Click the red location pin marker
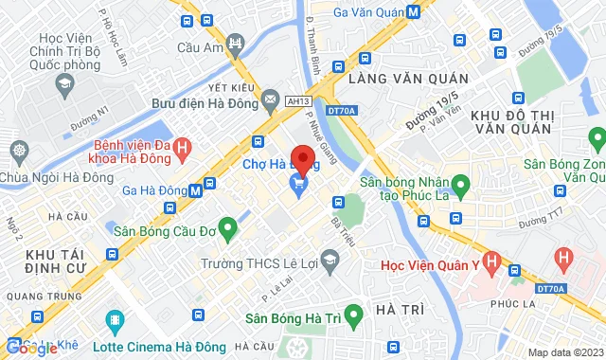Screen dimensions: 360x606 pyautogui.click(x=302, y=158)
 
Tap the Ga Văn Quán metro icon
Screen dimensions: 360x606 pyautogui.click(x=414, y=11)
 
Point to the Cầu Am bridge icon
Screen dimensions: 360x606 pyautogui.click(x=235, y=44)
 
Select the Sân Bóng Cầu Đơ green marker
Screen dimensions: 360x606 pyautogui.click(x=226, y=227)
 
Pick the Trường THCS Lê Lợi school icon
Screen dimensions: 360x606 pyautogui.click(x=330, y=259)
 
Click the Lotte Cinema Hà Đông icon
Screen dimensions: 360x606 pyautogui.click(x=116, y=321)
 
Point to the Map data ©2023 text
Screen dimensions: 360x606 pyautogui.click(x=564, y=352)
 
